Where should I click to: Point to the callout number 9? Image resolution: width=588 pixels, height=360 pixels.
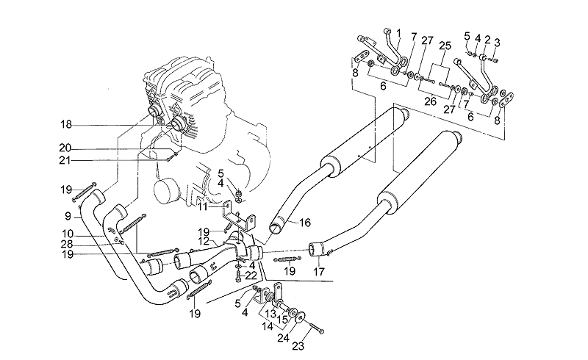point(68,216)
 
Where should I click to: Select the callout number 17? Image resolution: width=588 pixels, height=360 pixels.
point(318,270)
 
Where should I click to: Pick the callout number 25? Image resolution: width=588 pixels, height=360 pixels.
point(443,46)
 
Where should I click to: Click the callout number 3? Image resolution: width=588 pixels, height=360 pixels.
point(498,42)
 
